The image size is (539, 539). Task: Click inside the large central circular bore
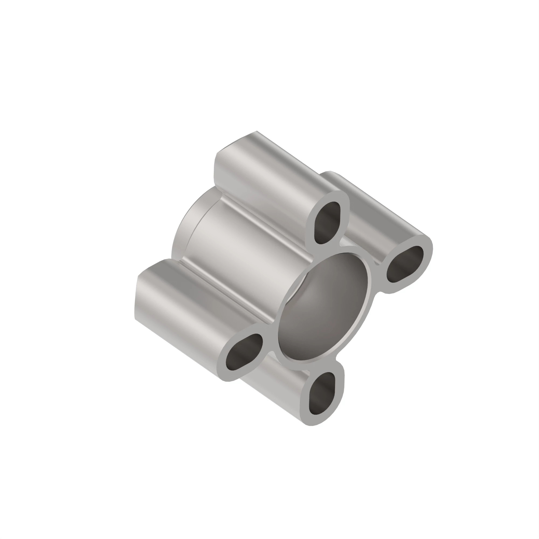point(324,307)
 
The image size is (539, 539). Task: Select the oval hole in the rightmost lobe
point(405,264)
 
